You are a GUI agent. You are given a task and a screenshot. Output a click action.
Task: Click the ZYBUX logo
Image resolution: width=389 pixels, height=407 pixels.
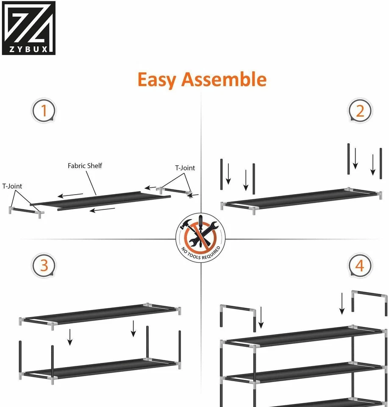[28, 28]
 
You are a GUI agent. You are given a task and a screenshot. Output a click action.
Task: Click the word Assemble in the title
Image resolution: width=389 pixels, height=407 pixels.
[224, 79]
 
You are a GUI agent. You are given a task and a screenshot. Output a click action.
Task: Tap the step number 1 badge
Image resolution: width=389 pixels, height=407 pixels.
[44, 112]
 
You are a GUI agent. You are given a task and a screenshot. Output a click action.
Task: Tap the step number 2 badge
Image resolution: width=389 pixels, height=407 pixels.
[360, 112]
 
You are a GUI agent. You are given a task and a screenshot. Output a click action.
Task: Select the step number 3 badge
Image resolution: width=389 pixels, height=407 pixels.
[44, 266]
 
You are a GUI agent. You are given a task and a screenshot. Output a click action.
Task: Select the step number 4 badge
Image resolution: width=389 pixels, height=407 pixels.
[360, 266]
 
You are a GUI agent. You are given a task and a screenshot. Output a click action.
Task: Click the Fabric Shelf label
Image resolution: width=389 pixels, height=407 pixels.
[85, 166]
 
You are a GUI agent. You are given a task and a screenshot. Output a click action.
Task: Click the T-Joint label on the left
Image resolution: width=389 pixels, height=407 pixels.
[12, 186]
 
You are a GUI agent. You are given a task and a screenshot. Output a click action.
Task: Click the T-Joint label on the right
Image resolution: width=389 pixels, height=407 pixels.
[185, 168]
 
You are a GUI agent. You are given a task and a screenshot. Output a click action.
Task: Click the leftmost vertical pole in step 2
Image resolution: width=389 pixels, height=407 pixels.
[221, 174]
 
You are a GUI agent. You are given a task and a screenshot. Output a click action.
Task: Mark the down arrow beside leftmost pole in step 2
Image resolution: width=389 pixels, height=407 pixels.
[228, 174]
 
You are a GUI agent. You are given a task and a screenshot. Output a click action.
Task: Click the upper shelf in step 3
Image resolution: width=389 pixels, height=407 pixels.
[100, 315]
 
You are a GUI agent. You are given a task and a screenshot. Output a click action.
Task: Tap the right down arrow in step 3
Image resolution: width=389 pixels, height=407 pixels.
[133, 329]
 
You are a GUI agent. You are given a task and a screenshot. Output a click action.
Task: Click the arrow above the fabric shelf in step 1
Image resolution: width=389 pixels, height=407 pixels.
[71, 195]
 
